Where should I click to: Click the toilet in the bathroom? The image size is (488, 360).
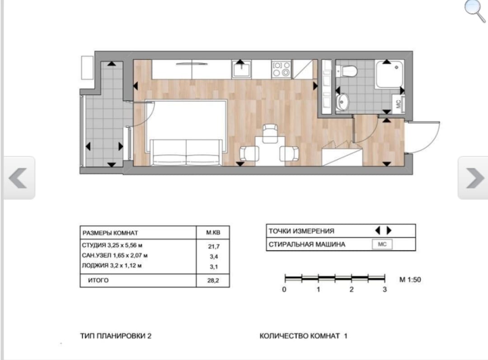pyautogui.click(x=347, y=70)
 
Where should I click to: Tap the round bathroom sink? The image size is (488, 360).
pyautogui.click(x=343, y=102)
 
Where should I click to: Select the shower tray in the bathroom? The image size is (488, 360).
pyautogui.click(x=389, y=75)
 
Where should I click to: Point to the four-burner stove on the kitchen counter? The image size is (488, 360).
pyautogui.click(x=282, y=69)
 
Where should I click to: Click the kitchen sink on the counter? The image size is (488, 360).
pyautogui.click(x=241, y=69)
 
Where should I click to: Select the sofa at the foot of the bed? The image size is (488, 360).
pyautogui.click(x=187, y=152)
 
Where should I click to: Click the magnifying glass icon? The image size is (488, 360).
pyautogui.click(x=474, y=10)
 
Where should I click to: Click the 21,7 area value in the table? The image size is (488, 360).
pyautogui.click(x=214, y=247)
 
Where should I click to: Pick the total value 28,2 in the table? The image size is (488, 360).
pyautogui.click(x=213, y=281)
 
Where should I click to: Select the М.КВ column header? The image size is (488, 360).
pyautogui.click(x=213, y=233)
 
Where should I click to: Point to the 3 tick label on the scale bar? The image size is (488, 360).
pyautogui.click(x=385, y=290)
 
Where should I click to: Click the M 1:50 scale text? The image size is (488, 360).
pyautogui.click(x=410, y=280)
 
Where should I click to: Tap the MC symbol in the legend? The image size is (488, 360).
pyautogui.click(x=382, y=244)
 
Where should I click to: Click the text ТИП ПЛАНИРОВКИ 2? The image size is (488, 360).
pyautogui.click(x=116, y=336)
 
